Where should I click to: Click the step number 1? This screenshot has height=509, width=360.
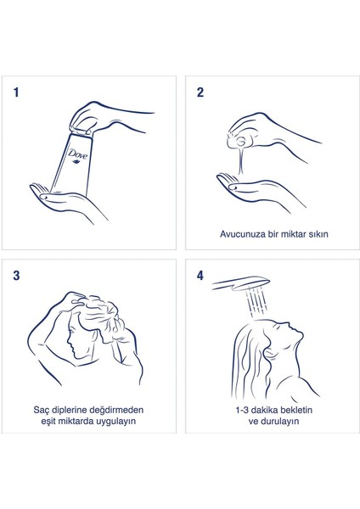click(x=16, y=92)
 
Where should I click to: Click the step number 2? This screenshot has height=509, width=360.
click(x=200, y=92)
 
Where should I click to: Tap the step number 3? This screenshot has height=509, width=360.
click(x=16, y=276)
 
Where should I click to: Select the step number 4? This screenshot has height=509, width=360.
click(x=200, y=276)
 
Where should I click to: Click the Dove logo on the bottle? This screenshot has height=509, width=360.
click(x=77, y=155)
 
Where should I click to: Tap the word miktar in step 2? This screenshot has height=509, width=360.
click(x=293, y=234)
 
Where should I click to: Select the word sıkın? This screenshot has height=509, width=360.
click(x=318, y=234)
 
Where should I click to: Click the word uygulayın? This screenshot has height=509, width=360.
click(x=115, y=422)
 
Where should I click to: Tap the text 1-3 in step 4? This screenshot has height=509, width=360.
click(x=242, y=410)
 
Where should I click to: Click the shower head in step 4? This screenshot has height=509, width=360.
click(x=241, y=283)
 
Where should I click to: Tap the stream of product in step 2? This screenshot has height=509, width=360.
click(x=241, y=161)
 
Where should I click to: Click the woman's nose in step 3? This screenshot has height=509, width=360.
click(x=68, y=342)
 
